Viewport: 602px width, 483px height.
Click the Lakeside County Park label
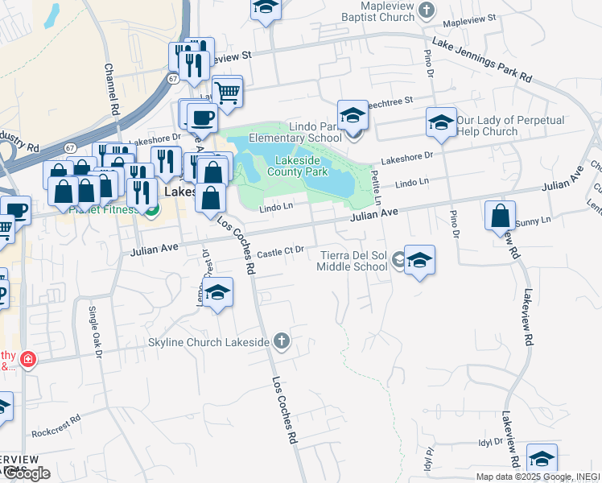pyautogui.click(x=297, y=166)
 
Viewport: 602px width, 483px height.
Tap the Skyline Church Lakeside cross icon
pyautogui.click(x=281, y=341)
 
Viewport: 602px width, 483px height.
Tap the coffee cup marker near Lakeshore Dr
pyautogui.click(x=202, y=119)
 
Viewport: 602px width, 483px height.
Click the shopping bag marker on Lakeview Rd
pyautogui.click(x=500, y=217)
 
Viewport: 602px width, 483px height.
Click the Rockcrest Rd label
pyautogui.click(x=56, y=427)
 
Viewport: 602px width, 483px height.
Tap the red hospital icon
pyautogui.click(x=27, y=358)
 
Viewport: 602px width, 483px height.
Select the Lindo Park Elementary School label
pyautogui.click(x=307, y=132)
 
